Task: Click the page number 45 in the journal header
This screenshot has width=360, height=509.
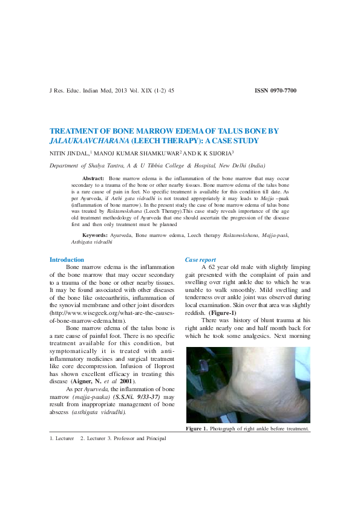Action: [x=171, y=91]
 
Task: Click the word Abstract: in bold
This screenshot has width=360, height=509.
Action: [x=93, y=180]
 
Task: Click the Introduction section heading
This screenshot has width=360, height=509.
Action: [x=67, y=260]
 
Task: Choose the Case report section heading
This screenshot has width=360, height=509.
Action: [x=200, y=260]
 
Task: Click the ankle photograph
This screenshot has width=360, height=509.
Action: [x=247, y=384]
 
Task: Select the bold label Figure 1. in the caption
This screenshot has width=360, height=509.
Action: [x=197, y=429]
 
